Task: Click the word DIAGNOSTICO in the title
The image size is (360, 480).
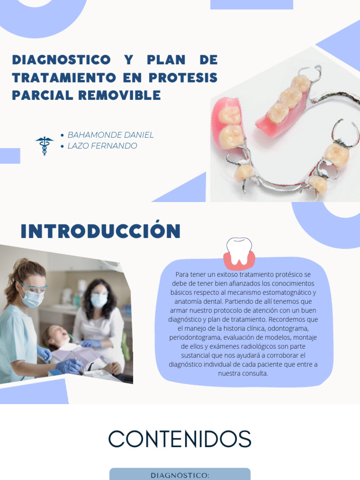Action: click(x=61, y=60)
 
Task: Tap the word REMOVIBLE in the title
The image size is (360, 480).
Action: click(x=120, y=95)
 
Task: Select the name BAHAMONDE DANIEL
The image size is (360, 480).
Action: click(x=111, y=135)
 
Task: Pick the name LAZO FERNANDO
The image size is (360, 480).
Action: click(x=102, y=146)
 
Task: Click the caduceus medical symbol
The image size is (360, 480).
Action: click(x=45, y=145)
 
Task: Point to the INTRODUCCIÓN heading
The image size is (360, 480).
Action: click(x=101, y=232)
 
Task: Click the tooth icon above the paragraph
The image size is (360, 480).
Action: click(x=239, y=252)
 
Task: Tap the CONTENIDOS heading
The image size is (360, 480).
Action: click(x=180, y=440)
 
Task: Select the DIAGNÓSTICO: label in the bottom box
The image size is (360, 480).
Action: click(x=180, y=475)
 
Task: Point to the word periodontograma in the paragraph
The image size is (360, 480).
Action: click(x=195, y=337)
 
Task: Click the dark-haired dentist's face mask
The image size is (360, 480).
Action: click(x=99, y=300)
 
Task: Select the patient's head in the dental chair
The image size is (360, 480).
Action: click(x=52, y=336)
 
